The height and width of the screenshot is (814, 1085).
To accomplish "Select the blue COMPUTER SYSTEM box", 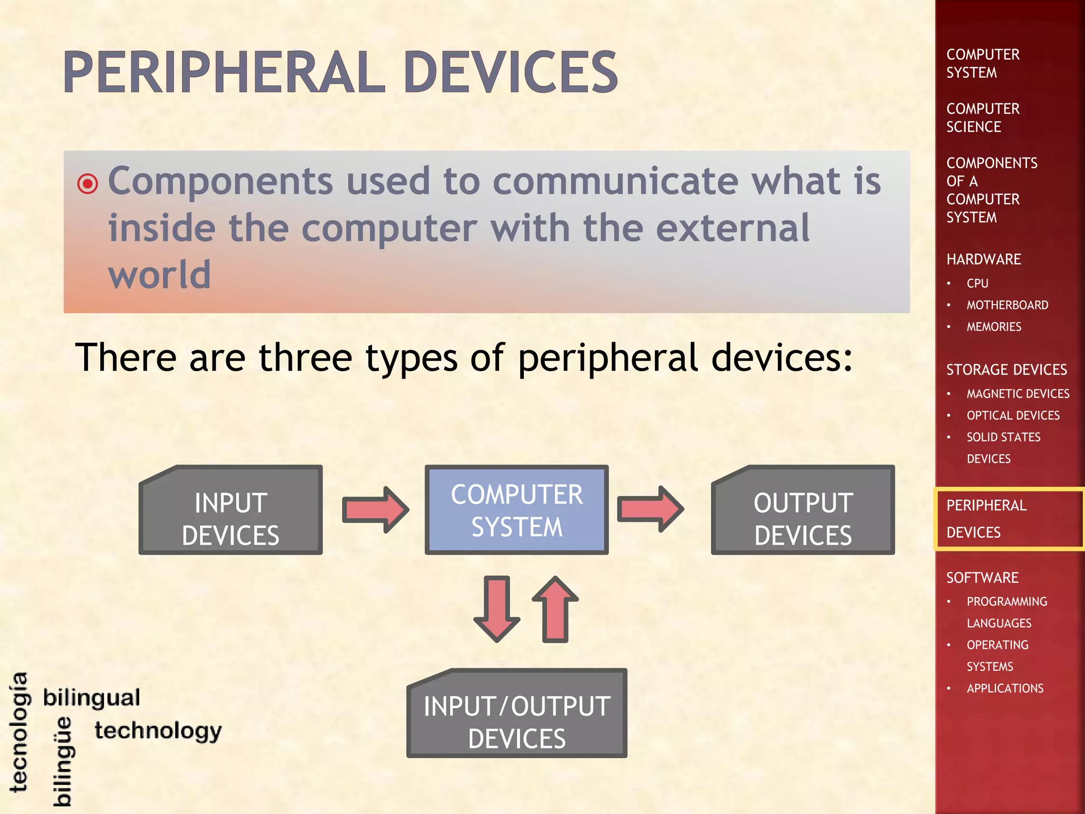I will point(517,510).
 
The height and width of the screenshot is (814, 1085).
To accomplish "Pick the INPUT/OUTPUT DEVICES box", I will point(517,714).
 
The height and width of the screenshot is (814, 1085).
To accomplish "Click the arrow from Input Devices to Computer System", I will point(376,510).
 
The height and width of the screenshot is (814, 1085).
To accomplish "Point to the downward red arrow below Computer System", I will point(497,609).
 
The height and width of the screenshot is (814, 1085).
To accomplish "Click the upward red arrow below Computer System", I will point(555,609).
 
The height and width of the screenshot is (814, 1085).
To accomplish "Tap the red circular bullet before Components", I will point(87,184).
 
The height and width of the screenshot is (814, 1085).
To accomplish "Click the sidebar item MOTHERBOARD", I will point(1007,305).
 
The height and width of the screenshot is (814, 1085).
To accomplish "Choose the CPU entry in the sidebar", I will point(977,284).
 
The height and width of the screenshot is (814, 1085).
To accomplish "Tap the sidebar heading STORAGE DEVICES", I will point(1006,369).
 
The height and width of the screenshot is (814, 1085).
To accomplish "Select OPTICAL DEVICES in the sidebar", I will point(1012,415).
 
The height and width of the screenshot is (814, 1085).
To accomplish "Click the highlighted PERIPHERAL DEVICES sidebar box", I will point(1008,519).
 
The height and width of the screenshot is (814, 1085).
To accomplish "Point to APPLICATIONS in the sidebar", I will point(1004,688).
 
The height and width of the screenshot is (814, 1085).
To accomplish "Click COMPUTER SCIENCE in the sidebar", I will point(982,118).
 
